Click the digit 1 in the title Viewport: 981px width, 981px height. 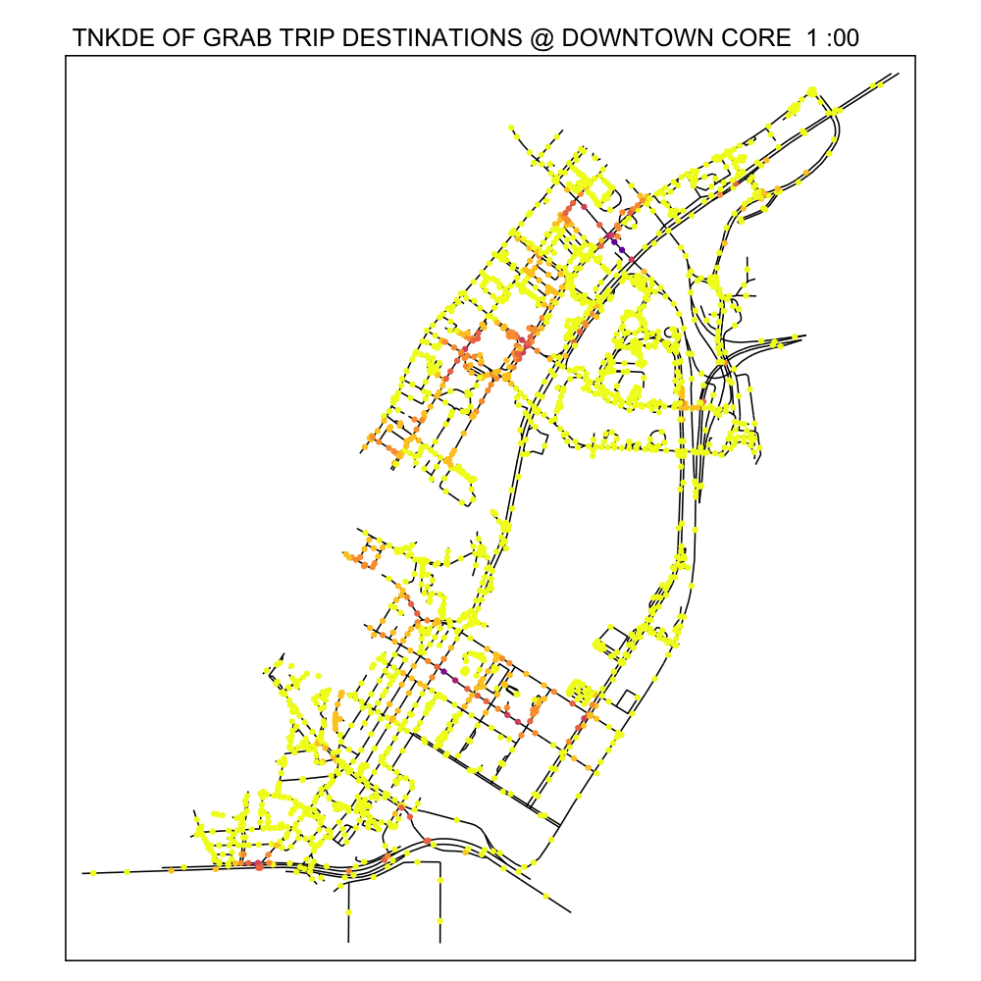tap(810, 39)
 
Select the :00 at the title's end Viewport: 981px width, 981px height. tap(844, 39)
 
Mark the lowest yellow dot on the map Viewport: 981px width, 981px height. tap(439, 921)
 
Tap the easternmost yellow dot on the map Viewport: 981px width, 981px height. tap(879, 84)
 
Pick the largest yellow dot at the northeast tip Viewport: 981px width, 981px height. tap(812, 91)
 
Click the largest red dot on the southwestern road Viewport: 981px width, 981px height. tap(258, 865)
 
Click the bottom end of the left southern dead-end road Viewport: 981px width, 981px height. tap(348, 942)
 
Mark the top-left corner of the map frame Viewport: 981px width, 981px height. tap(66, 57)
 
